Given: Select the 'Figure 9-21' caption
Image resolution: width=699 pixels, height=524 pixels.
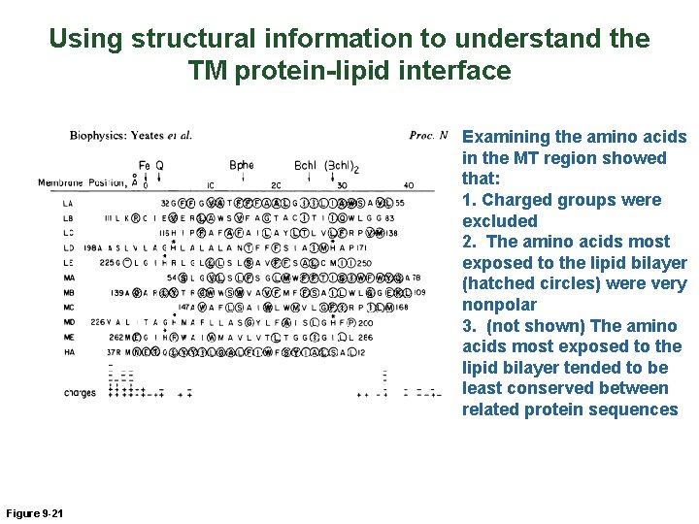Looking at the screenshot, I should click(34, 512).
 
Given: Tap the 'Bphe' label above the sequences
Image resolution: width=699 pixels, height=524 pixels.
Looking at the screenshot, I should click(242, 165).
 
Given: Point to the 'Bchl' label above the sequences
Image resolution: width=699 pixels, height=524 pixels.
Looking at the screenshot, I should click(305, 165).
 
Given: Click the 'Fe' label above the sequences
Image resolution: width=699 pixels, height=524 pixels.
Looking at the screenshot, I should click(145, 165).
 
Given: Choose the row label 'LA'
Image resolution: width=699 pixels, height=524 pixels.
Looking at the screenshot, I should click(68, 203).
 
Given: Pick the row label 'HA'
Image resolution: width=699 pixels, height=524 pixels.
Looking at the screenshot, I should click(68, 351).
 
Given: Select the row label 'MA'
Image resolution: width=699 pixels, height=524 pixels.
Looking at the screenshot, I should click(68, 277).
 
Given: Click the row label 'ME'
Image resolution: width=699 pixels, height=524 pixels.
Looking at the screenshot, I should click(68, 337).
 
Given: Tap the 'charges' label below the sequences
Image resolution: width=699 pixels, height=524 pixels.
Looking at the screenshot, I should click(80, 393).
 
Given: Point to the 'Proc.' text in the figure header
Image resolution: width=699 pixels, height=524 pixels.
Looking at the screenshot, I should click(421, 136).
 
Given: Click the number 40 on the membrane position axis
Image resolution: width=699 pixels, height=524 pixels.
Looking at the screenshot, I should click(408, 184).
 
